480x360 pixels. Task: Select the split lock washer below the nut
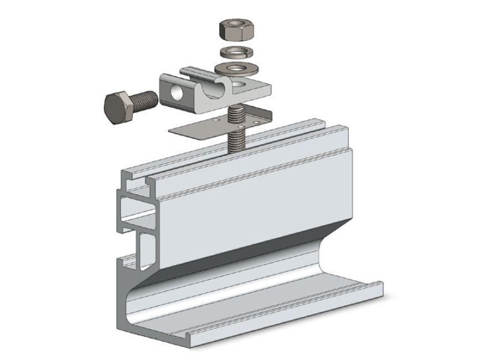tap(236, 53)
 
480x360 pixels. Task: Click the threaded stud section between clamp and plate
tap(235, 113)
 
